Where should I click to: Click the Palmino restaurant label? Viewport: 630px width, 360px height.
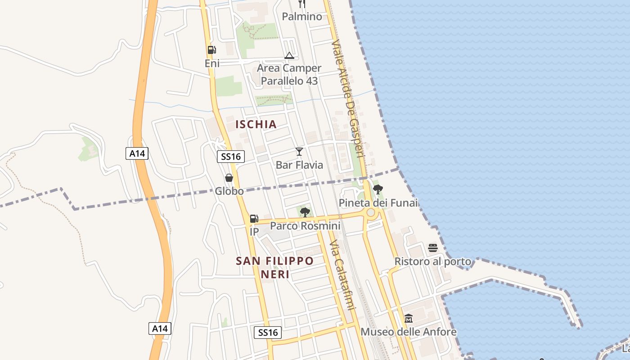click(x=302, y=17)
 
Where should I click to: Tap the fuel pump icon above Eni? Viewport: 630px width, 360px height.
click(x=211, y=50)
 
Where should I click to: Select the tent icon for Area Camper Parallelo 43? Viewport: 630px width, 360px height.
click(x=289, y=55)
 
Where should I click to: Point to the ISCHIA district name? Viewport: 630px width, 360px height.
click(x=256, y=124)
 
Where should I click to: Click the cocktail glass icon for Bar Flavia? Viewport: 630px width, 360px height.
click(x=299, y=152)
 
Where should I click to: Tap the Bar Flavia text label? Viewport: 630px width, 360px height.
click(x=299, y=165)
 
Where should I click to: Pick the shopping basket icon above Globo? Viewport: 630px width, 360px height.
click(x=229, y=178)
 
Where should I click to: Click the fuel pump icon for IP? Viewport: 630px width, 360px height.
click(x=254, y=219)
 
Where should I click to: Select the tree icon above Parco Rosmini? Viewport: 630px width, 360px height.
click(x=305, y=212)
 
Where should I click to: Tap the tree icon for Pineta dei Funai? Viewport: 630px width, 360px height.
click(x=378, y=189)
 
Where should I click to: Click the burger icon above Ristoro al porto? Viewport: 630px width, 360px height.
click(x=433, y=247)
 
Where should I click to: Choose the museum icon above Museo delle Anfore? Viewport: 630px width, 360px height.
click(x=409, y=319)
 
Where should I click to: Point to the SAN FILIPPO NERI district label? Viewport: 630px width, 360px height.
click(x=275, y=267)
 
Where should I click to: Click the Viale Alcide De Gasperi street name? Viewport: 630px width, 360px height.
click(x=347, y=98)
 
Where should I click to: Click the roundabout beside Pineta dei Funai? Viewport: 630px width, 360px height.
click(x=371, y=212)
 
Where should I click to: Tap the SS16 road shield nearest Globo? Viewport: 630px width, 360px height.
click(x=231, y=157)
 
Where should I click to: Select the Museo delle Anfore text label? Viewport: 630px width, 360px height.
click(x=409, y=332)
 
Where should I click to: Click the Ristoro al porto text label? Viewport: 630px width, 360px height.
click(x=433, y=261)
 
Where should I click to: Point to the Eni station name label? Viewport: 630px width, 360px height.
click(x=212, y=63)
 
